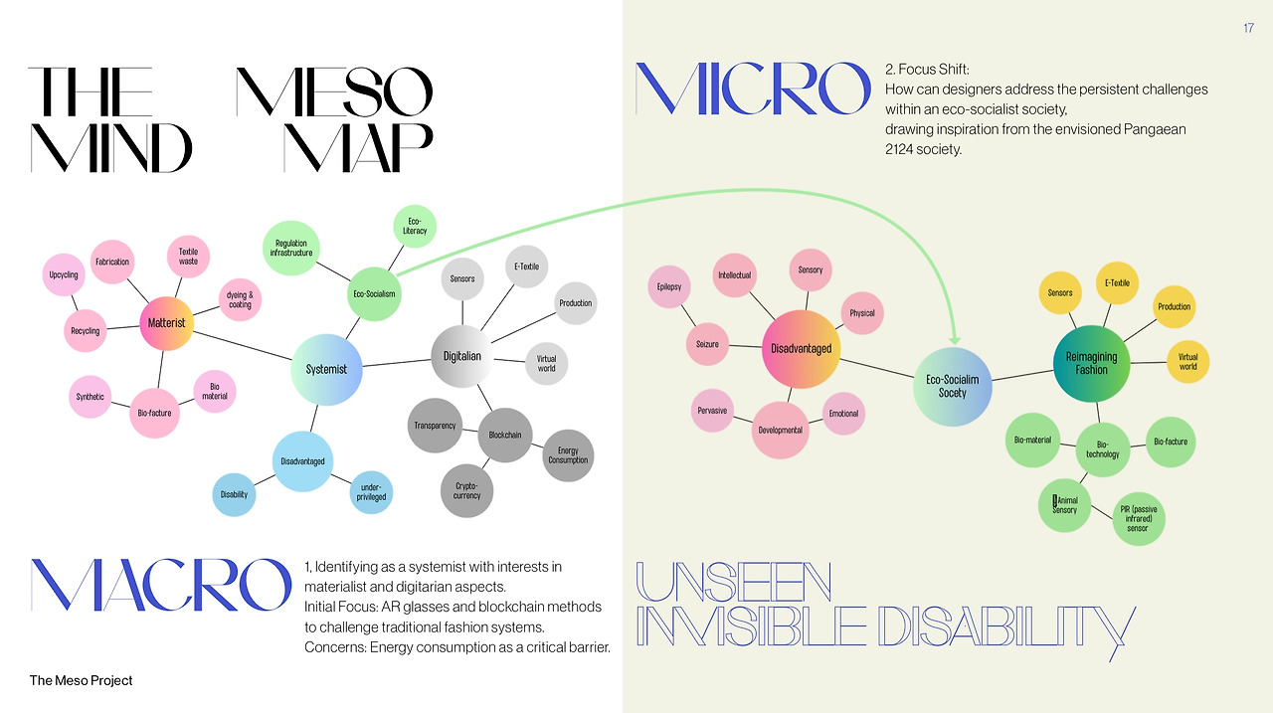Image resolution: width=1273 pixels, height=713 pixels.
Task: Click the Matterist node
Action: point(166,323)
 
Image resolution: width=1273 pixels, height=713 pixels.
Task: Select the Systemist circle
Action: point(326,369)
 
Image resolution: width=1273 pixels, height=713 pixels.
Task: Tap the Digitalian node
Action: point(461,356)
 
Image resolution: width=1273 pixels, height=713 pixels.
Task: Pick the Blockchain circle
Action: point(505,435)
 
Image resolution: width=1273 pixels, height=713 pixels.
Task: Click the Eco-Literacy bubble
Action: point(415,225)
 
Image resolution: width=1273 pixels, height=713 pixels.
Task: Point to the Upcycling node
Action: point(64,275)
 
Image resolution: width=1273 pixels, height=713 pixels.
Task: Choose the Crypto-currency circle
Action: point(466,490)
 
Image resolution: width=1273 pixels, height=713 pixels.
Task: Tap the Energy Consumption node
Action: point(568,455)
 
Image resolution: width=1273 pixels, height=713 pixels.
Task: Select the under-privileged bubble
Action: point(372,492)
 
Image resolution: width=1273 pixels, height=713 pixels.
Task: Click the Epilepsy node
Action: point(669,287)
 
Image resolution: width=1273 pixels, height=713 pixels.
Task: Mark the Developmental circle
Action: point(780,430)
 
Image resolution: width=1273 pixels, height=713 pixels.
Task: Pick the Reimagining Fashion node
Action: point(1091,363)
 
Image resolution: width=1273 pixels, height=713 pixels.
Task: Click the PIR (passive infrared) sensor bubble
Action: point(1138,518)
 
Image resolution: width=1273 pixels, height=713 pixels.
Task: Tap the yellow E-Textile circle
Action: point(1117,283)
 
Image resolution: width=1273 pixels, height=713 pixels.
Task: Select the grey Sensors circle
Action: point(462,279)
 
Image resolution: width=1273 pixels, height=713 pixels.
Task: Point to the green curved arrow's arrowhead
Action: point(955,339)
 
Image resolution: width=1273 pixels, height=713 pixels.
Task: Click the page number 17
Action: point(1248,28)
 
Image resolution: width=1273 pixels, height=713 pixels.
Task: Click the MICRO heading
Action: point(753,89)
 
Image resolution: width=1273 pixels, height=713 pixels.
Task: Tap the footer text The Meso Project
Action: point(81,680)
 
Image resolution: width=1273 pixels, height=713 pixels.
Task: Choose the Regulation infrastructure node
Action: point(291,249)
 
